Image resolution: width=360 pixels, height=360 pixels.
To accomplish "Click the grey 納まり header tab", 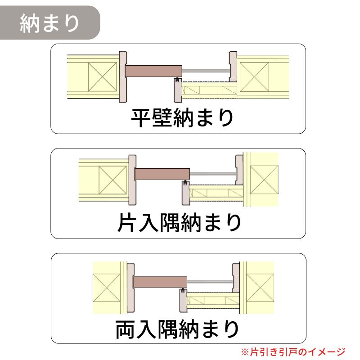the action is (x=49, y=23).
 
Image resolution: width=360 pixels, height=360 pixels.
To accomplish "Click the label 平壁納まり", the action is (x=182, y=118).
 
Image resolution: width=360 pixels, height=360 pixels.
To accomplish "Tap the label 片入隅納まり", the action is (x=179, y=222).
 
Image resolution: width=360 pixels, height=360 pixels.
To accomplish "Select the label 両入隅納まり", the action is (x=177, y=329).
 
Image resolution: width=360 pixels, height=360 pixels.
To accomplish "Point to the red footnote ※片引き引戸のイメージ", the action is (x=293, y=352).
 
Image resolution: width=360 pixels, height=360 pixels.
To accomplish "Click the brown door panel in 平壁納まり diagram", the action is (x=153, y=71).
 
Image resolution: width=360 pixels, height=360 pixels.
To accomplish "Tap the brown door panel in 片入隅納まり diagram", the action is (x=162, y=174).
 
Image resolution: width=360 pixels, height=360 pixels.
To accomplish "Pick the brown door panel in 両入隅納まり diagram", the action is (x=160, y=282).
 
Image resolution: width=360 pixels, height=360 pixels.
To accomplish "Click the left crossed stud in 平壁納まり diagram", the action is (x=103, y=76).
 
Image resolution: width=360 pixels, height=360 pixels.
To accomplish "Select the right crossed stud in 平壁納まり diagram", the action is (x=254, y=76).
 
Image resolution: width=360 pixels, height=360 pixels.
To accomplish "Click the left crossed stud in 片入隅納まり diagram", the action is (x=113, y=180).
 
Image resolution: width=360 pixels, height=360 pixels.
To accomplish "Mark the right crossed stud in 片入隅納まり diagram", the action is (x=264, y=180).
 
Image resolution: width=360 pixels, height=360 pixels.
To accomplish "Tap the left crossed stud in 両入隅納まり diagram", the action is (x=107, y=288).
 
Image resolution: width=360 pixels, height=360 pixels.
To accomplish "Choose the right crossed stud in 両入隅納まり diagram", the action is (x=260, y=288).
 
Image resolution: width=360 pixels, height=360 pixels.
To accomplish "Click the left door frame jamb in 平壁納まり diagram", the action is (x=122, y=77).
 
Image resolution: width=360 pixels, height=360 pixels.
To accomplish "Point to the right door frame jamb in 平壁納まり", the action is (x=233, y=66).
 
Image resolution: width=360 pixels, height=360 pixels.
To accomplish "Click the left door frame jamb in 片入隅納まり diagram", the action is (x=132, y=180).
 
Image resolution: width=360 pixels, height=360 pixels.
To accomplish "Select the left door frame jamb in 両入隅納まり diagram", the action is (x=130, y=288).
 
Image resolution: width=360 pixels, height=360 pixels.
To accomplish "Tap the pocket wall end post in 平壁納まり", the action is (x=178, y=90).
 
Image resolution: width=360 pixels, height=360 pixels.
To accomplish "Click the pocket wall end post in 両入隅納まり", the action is (x=183, y=301).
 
